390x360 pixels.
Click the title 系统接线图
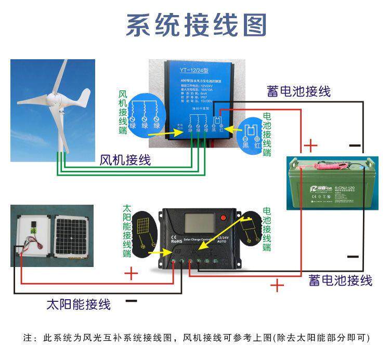(x=197, y=25)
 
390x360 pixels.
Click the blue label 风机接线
(x=125, y=160)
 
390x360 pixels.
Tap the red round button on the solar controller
(x=224, y=218)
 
